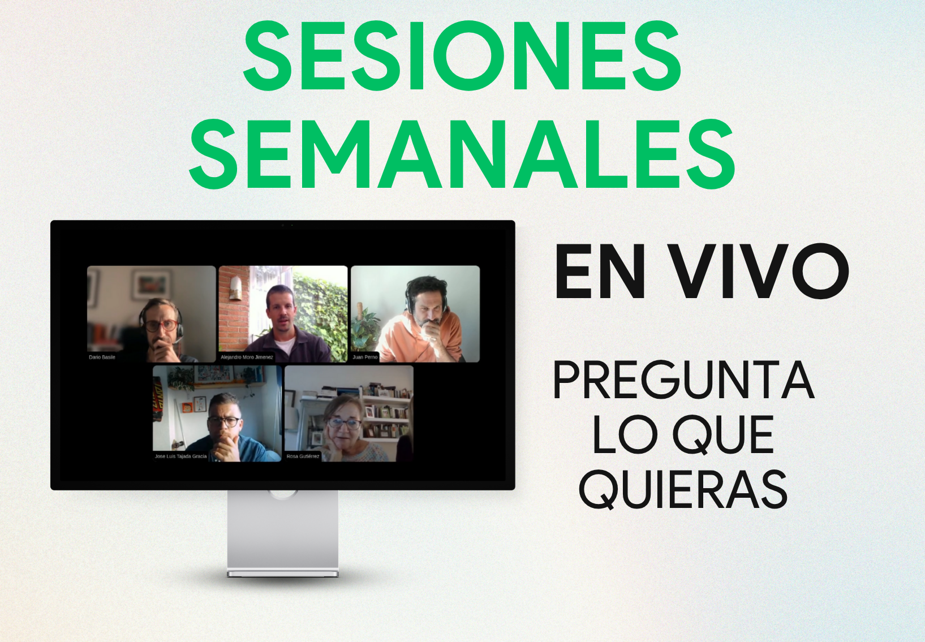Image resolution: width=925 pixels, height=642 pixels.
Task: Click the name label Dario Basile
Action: coord(102,357)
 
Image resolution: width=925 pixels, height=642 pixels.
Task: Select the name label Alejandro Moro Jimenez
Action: coord(247,357)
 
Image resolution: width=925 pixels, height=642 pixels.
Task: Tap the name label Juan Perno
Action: coord(365,357)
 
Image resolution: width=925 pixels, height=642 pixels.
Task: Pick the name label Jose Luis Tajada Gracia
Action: coord(180,456)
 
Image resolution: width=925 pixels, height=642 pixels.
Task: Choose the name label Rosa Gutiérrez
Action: coord(303,456)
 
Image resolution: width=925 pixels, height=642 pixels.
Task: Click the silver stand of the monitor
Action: coord(283,533)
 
